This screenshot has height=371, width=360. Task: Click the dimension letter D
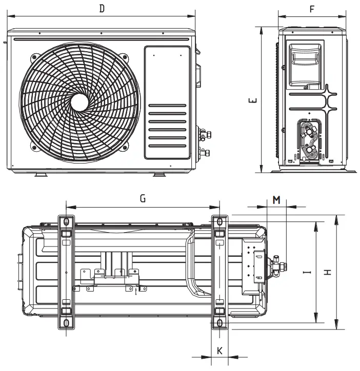pyautogui.click(x=102, y=9)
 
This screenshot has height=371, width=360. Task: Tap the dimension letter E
pyautogui.click(x=252, y=100)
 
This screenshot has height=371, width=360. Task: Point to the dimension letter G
pyautogui.click(x=143, y=199)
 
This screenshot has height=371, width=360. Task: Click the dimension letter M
pyautogui.click(x=276, y=199)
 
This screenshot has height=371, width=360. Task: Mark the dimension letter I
pyautogui.click(x=307, y=273)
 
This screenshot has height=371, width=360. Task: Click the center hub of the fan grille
pyautogui.click(x=79, y=100)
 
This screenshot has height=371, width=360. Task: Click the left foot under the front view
pyautogui.click(x=41, y=175)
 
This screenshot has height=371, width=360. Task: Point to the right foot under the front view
pyautogui.click(x=160, y=175)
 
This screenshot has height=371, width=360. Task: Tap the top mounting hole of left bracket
pyautogui.click(x=65, y=221)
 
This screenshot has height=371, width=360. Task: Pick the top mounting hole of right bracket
pyautogui.click(x=219, y=221)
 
